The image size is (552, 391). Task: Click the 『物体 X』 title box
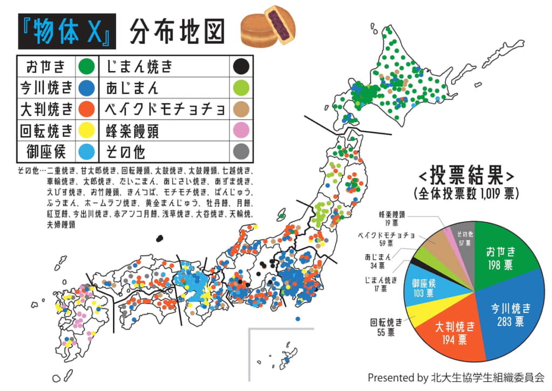point(67,31)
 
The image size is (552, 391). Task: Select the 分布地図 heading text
point(177,31)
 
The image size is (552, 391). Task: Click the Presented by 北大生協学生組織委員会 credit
point(456,377)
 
